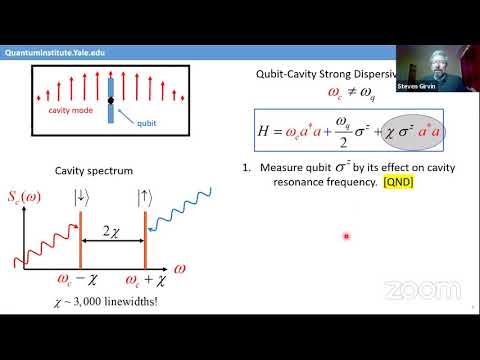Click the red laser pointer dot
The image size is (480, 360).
[346, 237]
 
